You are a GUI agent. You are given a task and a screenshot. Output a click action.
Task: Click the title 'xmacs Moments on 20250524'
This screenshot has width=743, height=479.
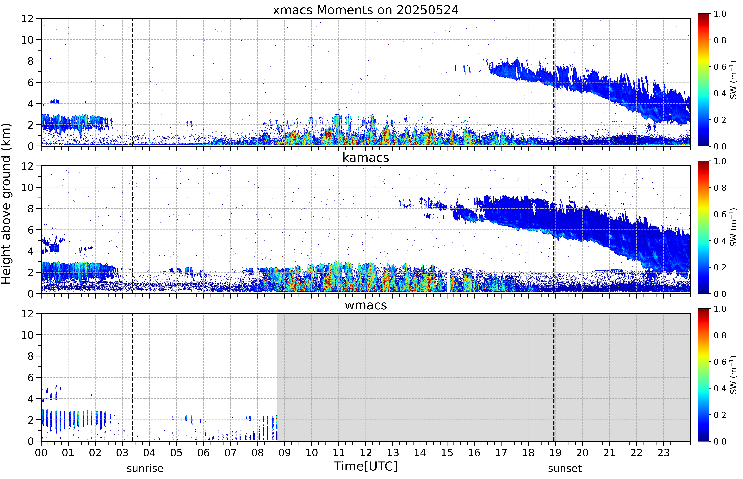pos(366,10)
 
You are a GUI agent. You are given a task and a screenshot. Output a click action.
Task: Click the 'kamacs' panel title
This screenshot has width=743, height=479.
pos(366,158)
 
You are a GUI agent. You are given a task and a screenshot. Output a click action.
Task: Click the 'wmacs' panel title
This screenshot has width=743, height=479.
pos(366,305)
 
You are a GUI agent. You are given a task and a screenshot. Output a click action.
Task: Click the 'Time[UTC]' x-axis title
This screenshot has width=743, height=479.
pos(366,466)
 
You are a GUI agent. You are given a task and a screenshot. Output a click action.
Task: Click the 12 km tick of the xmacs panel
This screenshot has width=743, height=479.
pos(27,19)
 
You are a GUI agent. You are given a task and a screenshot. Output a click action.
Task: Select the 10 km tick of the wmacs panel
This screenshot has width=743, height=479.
pos(27,335)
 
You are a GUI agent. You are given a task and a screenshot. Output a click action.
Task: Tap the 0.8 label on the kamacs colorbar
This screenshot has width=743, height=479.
pos(720,188)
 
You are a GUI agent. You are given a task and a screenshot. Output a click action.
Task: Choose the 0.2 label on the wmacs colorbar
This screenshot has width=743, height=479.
pos(720,415)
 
